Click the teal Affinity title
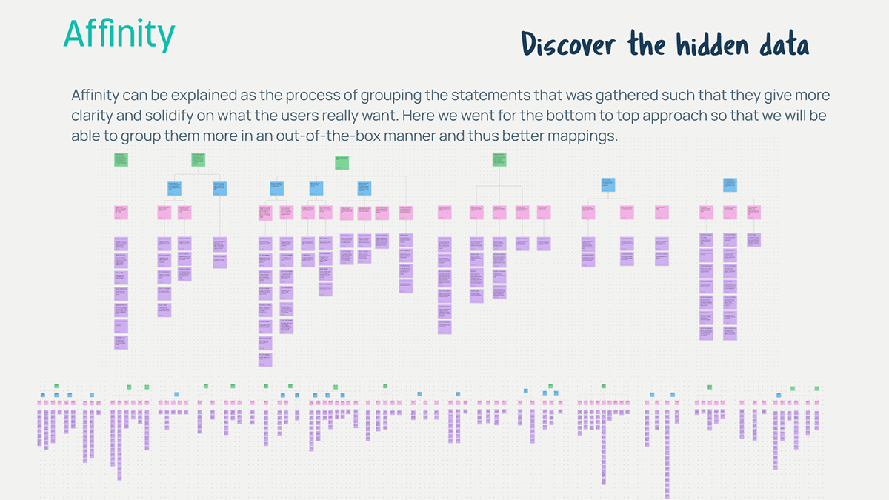tap(119, 34)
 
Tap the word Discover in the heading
tap(568, 44)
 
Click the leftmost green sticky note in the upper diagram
tap(121, 159)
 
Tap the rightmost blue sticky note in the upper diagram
tap(730, 183)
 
